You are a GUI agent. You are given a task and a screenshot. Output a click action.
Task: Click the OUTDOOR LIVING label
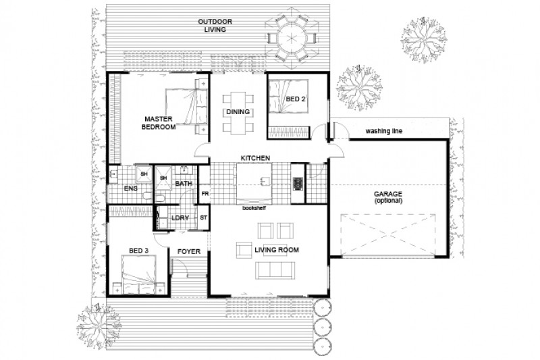pos(215,26)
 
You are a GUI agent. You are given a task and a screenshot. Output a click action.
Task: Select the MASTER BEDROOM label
pos(159,122)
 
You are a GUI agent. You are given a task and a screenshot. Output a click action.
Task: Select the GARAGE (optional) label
pos(388,198)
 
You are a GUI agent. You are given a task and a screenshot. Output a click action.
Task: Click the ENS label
pos(130,189)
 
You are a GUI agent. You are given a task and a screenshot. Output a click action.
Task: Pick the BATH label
pos(184,184)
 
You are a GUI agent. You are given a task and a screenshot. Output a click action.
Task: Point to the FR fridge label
pos(205,195)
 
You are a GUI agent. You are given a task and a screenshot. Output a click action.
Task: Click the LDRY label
pos(180,218)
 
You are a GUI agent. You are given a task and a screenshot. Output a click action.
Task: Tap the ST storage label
pos(204,218)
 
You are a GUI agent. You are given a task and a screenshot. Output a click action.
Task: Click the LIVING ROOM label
pos(276,251)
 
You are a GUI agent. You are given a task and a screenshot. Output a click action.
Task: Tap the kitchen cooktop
pos(297,183)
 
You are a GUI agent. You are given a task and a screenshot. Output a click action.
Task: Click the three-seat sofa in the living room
pos(275,271)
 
